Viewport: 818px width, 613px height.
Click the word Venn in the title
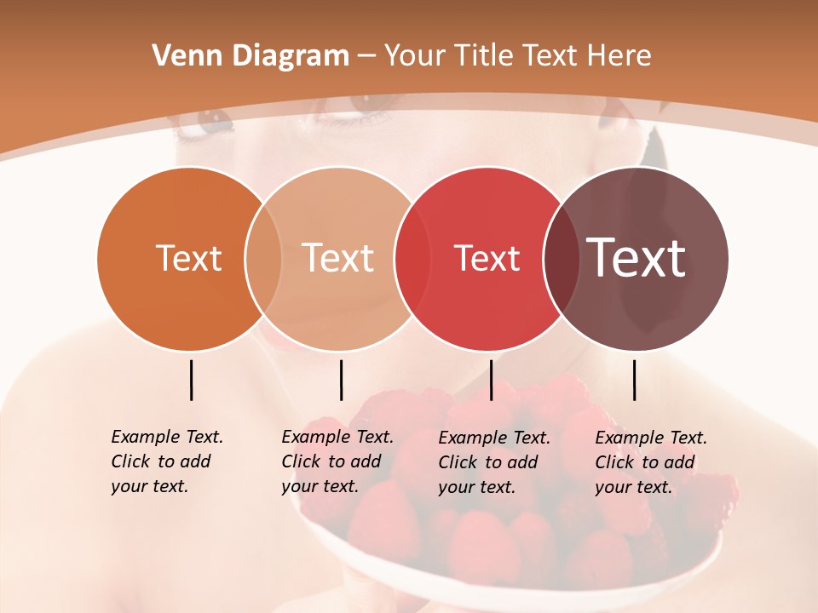coord(181,56)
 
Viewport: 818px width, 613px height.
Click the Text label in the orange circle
coord(188,258)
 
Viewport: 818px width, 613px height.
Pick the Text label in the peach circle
coord(338,258)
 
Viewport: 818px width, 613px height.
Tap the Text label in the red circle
coord(487,259)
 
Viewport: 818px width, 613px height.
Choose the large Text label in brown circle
coord(637,258)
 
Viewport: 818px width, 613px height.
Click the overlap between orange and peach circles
coord(263,259)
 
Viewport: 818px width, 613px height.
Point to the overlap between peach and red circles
coord(412,259)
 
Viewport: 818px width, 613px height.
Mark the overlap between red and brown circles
coord(561,259)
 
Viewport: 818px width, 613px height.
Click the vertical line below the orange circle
coord(191,380)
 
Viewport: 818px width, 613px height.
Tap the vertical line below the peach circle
coord(341,380)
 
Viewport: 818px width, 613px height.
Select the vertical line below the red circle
coord(491,380)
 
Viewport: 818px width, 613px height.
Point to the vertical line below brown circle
coord(634,380)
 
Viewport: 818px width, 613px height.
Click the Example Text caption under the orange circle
coord(166,461)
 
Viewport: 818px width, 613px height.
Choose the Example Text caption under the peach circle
coord(337,461)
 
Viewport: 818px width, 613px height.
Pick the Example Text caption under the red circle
coord(493,462)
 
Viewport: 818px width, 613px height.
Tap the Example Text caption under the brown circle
coord(650,462)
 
